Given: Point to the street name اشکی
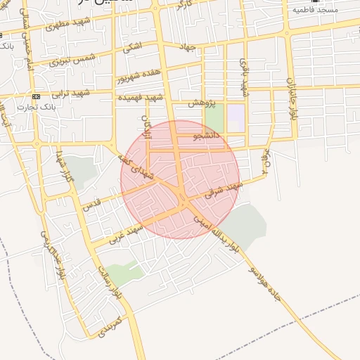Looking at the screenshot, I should [131, 49].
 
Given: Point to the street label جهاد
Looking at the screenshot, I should [187, 46].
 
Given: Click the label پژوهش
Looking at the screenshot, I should [201, 103].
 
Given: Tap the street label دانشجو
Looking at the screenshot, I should [209, 133].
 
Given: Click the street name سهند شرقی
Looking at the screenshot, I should [225, 189].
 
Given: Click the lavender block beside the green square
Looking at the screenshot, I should [236, 117].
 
